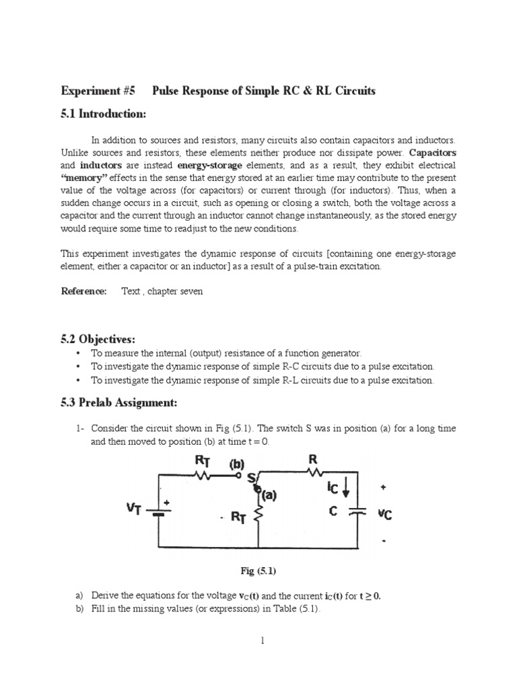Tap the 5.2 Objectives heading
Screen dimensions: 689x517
(x=98, y=338)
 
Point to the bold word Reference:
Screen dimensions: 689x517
(x=84, y=291)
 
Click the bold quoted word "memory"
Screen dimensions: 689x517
(x=83, y=178)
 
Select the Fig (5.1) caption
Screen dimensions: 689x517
(x=259, y=571)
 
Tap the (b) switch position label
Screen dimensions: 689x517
(x=238, y=464)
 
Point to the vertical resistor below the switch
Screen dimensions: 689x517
(x=260, y=516)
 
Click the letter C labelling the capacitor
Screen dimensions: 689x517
(x=333, y=511)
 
